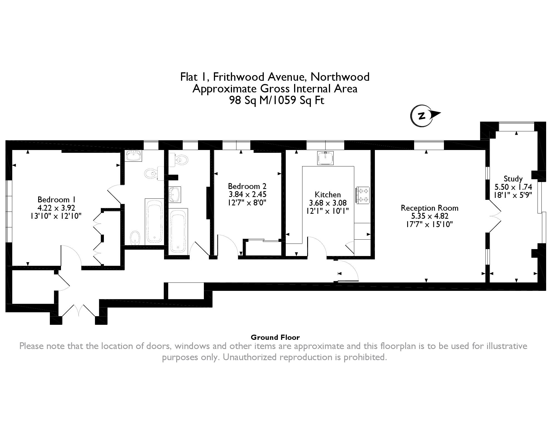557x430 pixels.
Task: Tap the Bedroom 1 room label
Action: pyautogui.click(x=57, y=200)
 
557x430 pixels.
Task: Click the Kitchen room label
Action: pyautogui.click(x=328, y=195)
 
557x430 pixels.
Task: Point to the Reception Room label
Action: pyautogui.click(x=429, y=208)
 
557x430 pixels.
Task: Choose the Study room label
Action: pyautogui.click(x=513, y=179)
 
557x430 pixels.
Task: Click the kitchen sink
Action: pyautogui.click(x=325, y=158)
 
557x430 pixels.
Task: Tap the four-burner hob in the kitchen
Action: pyautogui.click(x=362, y=195)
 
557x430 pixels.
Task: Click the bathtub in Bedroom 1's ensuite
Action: pyautogui.click(x=154, y=222)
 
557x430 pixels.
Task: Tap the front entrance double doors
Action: pyautogui.click(x=78, y=310)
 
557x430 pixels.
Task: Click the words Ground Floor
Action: pyautogui.click(x=275, y=337)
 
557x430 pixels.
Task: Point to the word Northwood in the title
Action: pyautogui.click(x=340, y=77)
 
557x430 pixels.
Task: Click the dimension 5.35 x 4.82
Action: pyautogui.click(x=430, y=216)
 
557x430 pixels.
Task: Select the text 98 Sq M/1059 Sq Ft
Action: pyautogui.click(x=277, y=100)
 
